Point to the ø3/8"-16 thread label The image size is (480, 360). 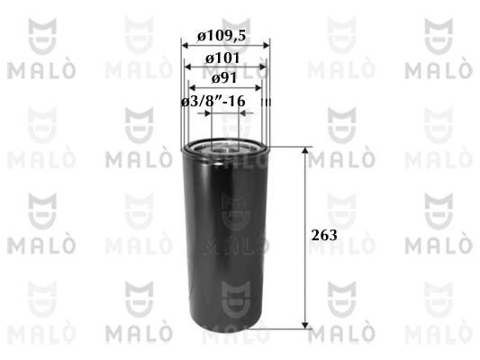(214, 103)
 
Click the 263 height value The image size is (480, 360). (327, 236)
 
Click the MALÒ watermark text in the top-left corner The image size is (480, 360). (35, 70)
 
